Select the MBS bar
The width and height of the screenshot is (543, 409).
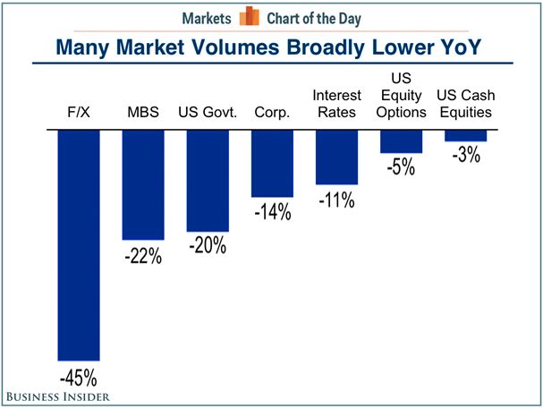point(143,184)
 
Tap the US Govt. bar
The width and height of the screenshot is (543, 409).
point(208,180)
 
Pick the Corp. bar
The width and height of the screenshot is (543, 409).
point(272,163)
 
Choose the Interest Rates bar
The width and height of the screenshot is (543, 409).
point(336,157)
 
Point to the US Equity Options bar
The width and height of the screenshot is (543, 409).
point(401,141)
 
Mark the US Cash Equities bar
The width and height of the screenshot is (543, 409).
point(465,135)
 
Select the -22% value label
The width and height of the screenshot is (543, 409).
point(143,255)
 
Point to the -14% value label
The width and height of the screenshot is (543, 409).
point(272,212)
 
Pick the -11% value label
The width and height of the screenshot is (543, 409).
point(336,200)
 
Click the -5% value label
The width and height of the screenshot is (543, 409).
point(401,167)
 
